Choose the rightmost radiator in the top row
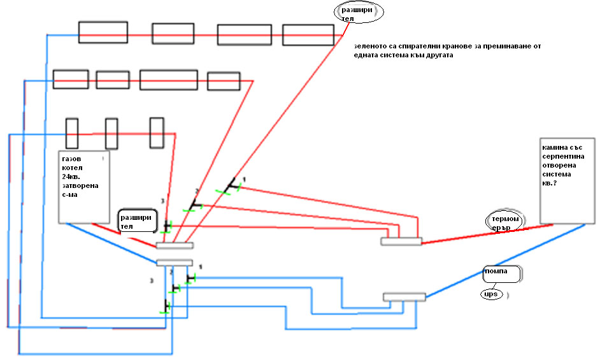click(x=308, y=35)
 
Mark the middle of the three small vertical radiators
click(x=111, y=134)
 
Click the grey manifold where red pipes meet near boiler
click(x=174, y=245)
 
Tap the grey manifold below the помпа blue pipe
click(x=404, y=297)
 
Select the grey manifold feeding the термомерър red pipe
click(x=401, y=241)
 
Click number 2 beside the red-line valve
click(x=196, y=191)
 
